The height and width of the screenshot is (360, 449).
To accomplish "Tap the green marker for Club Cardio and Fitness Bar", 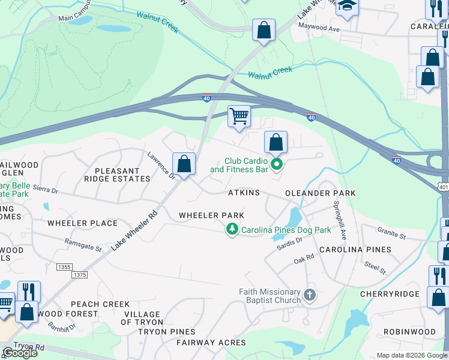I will click(276, 164).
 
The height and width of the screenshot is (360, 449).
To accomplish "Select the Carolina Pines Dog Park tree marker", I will click(232, 229).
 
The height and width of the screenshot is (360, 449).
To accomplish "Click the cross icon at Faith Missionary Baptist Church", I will click(309, 295).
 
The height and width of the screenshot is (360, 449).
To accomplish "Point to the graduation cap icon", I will click(346, 6).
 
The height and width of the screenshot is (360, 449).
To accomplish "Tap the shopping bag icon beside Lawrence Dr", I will click(184, 163).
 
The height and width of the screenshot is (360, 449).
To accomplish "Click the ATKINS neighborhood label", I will click(244, 193).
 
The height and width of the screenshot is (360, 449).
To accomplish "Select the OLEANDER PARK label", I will click(320, 193).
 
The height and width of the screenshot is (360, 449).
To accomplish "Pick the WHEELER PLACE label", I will click(82, 223).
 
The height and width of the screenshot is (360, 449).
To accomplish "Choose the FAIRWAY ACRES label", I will click(207, 343).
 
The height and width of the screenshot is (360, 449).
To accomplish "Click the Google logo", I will click(19, 353).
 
